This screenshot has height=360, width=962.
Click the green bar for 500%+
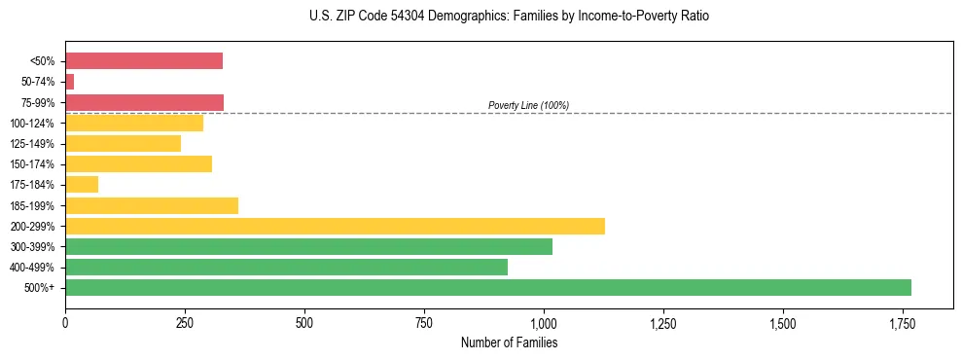click(487, 288)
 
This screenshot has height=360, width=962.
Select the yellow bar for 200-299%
click(335, 226)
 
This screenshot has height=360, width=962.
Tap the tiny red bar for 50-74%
click(69, 82)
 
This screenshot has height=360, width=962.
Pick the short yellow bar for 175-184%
click(82, 184)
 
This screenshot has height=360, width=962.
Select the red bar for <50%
click(144, 61)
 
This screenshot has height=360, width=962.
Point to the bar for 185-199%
click(152, 205)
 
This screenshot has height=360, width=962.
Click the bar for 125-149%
click(123, 143)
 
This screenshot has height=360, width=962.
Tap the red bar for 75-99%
click(144, 102)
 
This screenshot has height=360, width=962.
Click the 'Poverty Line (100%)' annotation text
click(528, 105)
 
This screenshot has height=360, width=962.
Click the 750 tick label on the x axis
click(423, 323)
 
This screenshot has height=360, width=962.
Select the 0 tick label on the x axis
click(65, 323)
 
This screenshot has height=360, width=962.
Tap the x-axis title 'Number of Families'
click(509, 342)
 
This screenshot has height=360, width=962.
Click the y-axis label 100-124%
click(32, 124)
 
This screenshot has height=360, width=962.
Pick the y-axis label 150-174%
click(32, 164)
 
